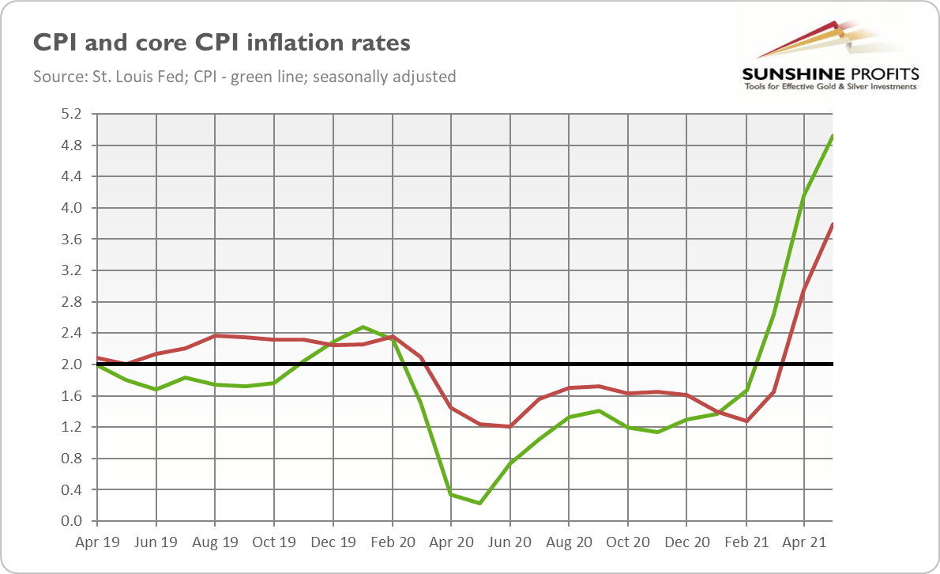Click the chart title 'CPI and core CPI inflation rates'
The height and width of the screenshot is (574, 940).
(x=222, y=42)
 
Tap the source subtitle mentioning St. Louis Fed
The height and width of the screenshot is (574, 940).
(x=244, y=77)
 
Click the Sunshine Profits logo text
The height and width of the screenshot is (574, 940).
(x=829, y=74)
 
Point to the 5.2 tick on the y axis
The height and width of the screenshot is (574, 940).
(x=71, y=114)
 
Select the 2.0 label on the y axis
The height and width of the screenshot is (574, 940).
(x=71, y=364)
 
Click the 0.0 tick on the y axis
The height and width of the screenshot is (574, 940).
(x=71, y=521)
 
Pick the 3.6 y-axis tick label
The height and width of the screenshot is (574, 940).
(x=71, y=240)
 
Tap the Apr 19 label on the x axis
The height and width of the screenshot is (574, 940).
(x=96, y=543)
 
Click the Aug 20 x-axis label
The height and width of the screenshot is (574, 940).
(x=568, y=543)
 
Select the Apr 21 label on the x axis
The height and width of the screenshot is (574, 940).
(x=803, y=543)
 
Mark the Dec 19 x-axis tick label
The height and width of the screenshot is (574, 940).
(x=333, y=543)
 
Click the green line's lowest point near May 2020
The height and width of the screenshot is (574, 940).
(x=479, y=503)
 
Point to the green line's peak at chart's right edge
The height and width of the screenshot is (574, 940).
(x=833, y=136)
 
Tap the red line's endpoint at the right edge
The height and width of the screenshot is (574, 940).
(x=833, y=225)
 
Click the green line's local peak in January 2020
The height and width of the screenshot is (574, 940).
(x=362, y=327)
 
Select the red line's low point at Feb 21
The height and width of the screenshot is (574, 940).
(x=745, y=421)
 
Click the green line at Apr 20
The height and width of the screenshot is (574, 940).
(x=450, y=494)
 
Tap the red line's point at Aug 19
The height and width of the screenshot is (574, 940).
(x=215, y=335)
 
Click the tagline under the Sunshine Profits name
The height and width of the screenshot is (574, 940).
(x=829, y=86)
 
